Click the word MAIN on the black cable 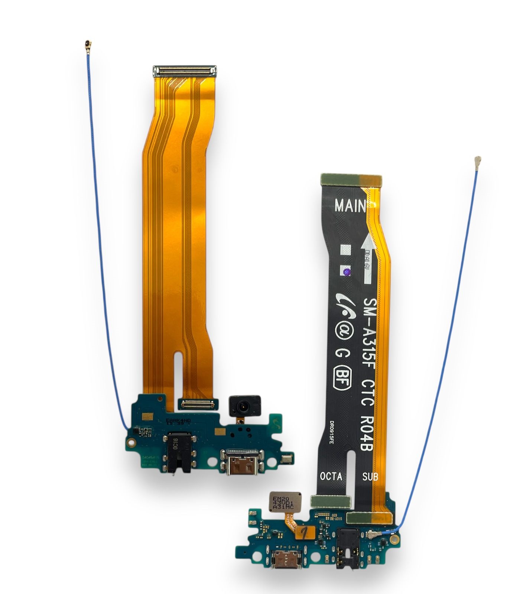[x=350, y=205]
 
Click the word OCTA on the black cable [x=331, y=476]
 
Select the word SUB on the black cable [x=370, y=475]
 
